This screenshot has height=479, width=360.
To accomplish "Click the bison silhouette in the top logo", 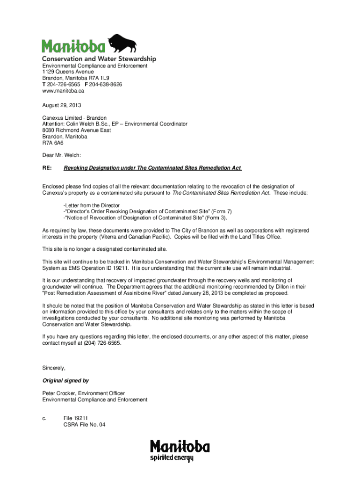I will tap(123, 44).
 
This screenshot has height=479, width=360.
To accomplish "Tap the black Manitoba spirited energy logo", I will tap(180, 451).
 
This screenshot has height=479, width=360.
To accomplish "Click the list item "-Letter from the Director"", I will tap(92, 205).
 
